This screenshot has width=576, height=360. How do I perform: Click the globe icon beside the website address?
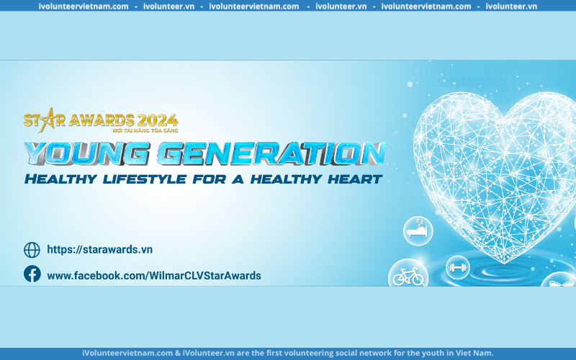[32, 250]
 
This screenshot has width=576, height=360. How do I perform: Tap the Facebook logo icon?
[32, 274]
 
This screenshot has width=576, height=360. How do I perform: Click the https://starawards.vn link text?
[99, 249]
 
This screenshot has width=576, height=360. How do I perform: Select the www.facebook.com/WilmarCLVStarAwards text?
[154, 276]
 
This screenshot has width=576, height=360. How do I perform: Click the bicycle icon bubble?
[408, 274]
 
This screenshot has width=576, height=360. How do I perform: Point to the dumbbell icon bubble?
[457, 267]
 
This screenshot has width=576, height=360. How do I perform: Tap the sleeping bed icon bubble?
[418, 230]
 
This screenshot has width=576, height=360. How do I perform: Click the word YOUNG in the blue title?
[87, 153]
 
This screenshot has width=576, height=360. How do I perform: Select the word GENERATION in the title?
[272, 153]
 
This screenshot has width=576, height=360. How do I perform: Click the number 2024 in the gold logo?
[158, 120]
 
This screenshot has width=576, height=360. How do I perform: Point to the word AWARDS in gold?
[102, 120]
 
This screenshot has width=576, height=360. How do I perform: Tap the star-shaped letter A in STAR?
[47, 120]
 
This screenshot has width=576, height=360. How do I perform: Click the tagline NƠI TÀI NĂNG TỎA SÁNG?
[145, 130]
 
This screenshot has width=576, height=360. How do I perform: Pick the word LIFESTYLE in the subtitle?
[145, 179]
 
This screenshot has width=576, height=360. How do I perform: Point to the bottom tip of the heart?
[504, 263]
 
